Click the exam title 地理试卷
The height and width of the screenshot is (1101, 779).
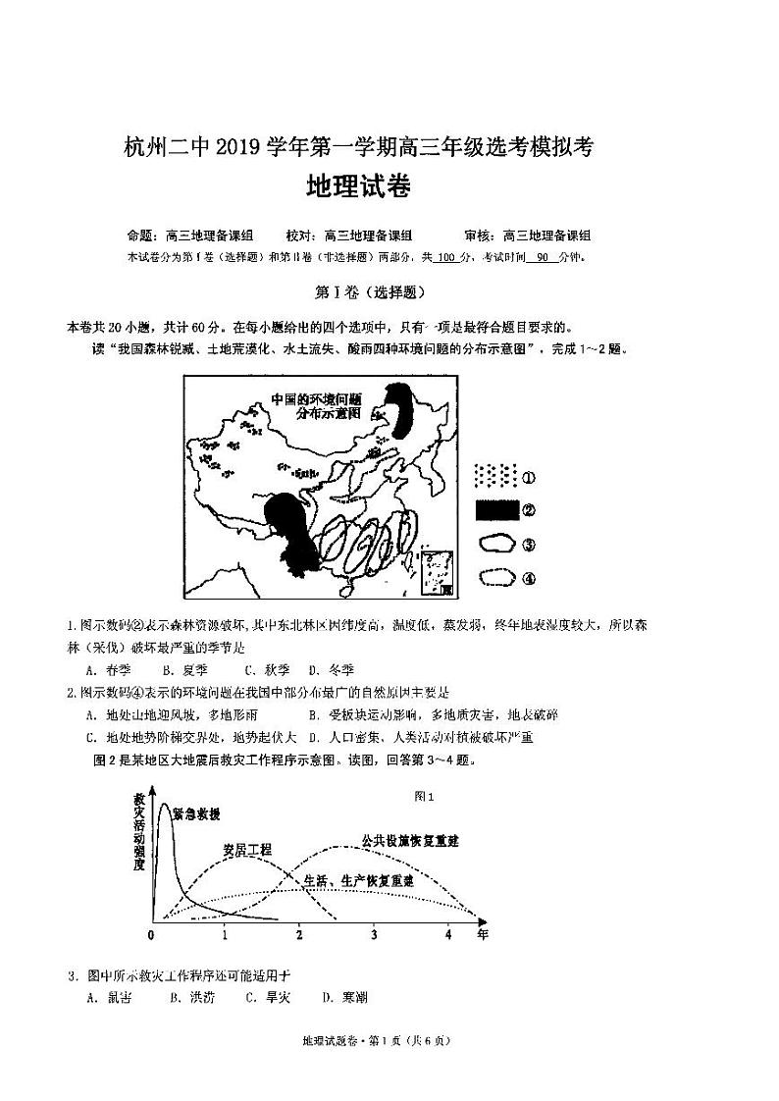pyautogui.click(x=357, y=186)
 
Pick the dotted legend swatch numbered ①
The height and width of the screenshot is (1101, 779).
pyautogui.click(x=495, y=476)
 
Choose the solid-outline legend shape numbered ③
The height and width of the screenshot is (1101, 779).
pyautogui.click(x=496, y=544)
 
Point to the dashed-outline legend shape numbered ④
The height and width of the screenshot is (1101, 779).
pyautogui.click(x=496, y=577)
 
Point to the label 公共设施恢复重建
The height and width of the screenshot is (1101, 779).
pyautogui.click(x=411, y=841)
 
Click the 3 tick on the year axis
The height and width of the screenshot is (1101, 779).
pyautogui.click(x=374, y=933)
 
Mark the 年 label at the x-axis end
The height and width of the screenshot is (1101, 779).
pyautogui.click(x=482, y=934)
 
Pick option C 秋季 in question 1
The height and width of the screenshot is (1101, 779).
pyautogui.click(x=263, y=670)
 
